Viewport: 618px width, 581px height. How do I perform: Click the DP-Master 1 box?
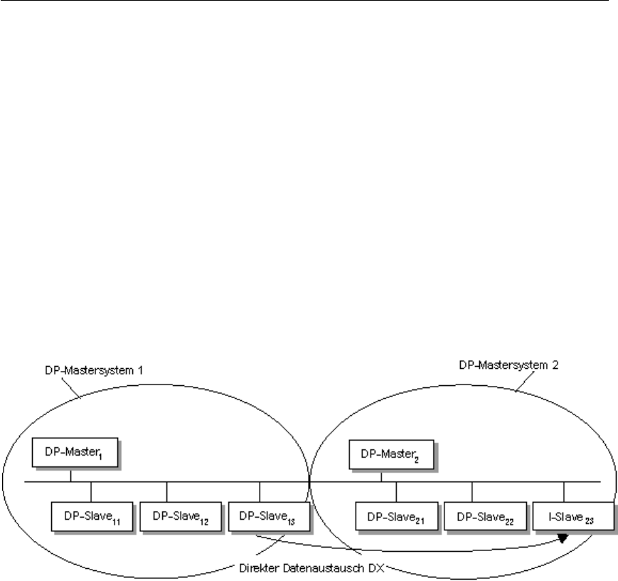(70, 454)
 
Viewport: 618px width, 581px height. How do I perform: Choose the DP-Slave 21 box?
(395, 516)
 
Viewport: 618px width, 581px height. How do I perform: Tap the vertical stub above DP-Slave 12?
(166, 492)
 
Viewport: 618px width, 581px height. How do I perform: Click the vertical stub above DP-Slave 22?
(472, 492)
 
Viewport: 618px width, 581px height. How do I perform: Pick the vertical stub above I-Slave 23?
(564, 492)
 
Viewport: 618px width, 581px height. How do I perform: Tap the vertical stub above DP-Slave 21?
(396, 492)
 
